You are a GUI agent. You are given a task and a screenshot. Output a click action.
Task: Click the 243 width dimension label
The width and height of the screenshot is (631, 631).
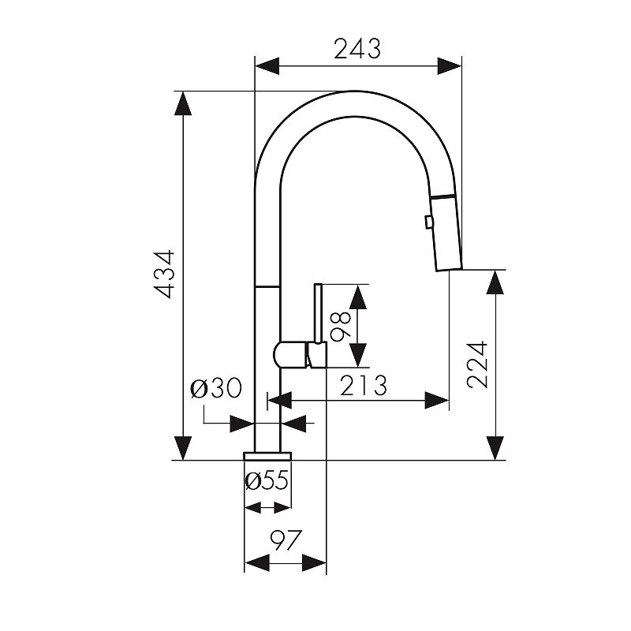tap(357, 49)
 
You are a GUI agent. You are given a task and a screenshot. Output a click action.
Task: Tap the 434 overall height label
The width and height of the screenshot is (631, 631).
tap(165, 274)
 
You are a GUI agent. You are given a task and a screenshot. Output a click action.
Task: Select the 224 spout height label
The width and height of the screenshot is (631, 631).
tap(477, 364)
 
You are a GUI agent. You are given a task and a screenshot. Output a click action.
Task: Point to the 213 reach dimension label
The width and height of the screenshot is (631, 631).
tap(364, 385)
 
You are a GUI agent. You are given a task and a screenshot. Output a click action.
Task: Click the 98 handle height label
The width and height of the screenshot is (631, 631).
tap(341, 326)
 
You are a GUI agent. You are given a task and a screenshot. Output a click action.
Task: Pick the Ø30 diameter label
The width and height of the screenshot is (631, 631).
tap(216, 388)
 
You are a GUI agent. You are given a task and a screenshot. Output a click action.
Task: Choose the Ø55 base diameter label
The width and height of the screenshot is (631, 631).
tap(267, 480)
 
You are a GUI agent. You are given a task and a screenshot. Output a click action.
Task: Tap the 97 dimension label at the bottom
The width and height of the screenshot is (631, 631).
tap(286, 540)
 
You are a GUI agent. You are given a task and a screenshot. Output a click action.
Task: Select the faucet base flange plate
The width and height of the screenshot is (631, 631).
tap(267, 456)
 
